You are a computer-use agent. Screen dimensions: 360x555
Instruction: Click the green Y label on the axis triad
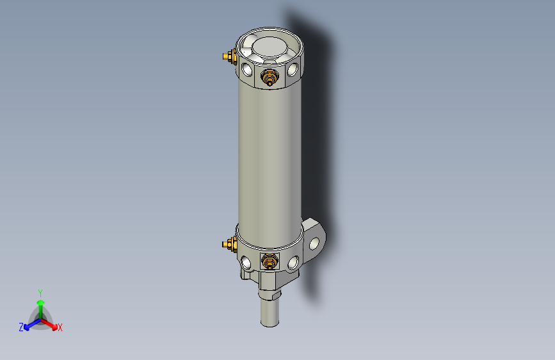[x=40, y=292]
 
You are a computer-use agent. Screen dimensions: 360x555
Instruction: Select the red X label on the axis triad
[x=60, y=327]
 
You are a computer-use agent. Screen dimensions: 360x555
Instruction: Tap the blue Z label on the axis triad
[x=21, y=327]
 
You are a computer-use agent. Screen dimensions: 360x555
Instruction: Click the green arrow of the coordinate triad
[x=40, y=304]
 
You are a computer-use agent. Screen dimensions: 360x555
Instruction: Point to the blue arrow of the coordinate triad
[x=29, y=324]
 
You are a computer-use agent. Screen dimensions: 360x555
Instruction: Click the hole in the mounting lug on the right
[x=314, y=243]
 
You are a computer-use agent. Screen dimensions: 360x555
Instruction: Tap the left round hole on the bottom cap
[x=246, y=261]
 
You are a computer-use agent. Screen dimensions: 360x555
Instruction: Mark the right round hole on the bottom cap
[x=293, y=261]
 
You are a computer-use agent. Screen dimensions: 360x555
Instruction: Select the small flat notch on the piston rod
[x=276, y=296]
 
